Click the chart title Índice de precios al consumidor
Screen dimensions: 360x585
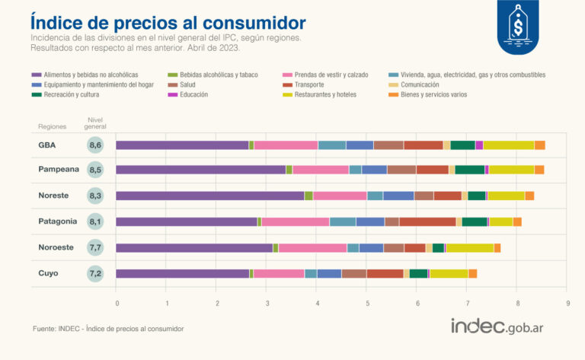pos(168,21)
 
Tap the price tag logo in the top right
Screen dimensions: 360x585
pos(518,27)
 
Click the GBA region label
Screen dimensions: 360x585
pos(48,145)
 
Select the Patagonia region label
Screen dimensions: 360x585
pos(58,221)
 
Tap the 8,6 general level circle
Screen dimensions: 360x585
pos(96,145)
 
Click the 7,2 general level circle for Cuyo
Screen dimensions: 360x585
pos(96,273)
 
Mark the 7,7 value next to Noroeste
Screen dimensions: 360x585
pos(96,247)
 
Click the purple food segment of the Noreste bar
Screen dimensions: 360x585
pos(209,196)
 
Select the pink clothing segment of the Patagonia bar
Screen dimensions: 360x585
pos(295,221)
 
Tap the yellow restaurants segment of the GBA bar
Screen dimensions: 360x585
pos(508,145)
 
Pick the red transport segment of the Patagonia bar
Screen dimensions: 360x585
pos(427,221)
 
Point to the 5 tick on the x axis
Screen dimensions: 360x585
pos(368,303)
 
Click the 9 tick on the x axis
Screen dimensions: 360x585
pos(568,303)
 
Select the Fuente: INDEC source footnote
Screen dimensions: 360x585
pos(108,329)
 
